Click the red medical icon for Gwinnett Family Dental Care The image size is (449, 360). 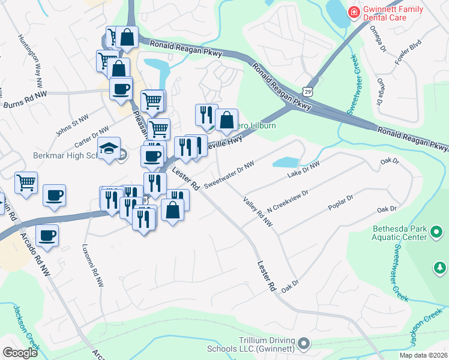click(x=354, y=11)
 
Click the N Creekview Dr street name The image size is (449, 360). click(x=288, y=202)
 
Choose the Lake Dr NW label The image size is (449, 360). click(x=304, y=169)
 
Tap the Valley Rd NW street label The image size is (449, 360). click(x=258, y=212)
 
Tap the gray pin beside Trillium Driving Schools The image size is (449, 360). click(x=304, y=343)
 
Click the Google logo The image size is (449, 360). click(x=20, y=353)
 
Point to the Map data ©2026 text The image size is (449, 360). click(x=424, y=355)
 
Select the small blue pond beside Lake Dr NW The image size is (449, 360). click(x=286, y=162)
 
